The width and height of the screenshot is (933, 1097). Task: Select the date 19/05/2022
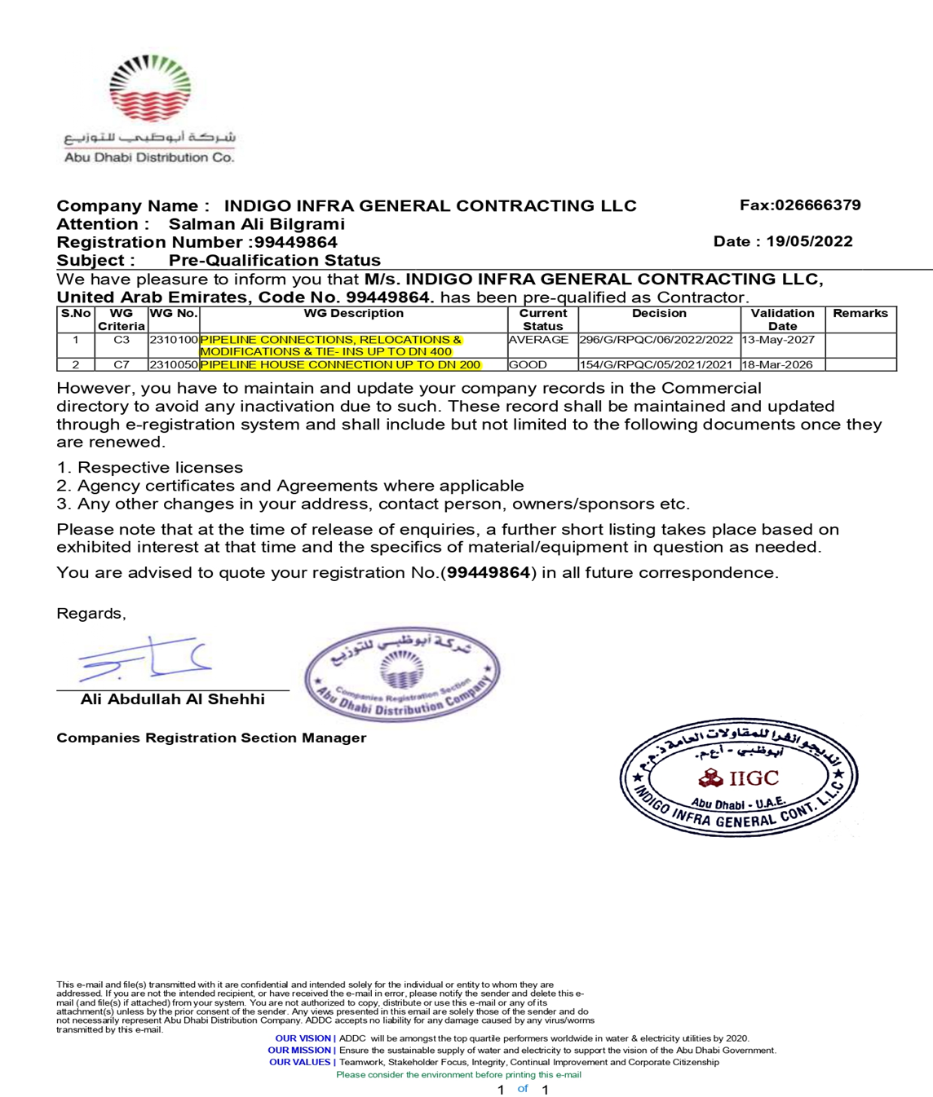tap(809, 241)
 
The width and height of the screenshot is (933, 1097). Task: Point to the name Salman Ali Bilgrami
tap(256, 224)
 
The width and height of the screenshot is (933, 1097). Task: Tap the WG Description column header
tap(353, 314)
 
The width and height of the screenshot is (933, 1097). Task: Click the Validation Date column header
tap(782, 319)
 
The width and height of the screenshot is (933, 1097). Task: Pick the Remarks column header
tap(860, 314)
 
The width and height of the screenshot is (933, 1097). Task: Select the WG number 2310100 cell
tap(174, 340)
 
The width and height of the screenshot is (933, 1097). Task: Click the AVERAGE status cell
tap(538, 340)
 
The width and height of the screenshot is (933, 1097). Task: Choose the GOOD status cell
tap(528, 365)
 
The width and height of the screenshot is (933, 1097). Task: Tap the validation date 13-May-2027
tap(778, 340)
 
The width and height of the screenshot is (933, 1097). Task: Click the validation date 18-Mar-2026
tap(777, 365)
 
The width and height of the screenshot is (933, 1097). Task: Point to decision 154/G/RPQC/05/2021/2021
tap(656, 365)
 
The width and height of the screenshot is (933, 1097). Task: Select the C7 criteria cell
tap(122, 365)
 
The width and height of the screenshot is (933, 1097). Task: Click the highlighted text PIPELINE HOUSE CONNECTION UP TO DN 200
tap(340, 365)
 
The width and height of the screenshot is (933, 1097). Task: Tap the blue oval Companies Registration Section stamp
tap(402, 673)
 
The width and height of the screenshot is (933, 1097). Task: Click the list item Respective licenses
tap(160, 468)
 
